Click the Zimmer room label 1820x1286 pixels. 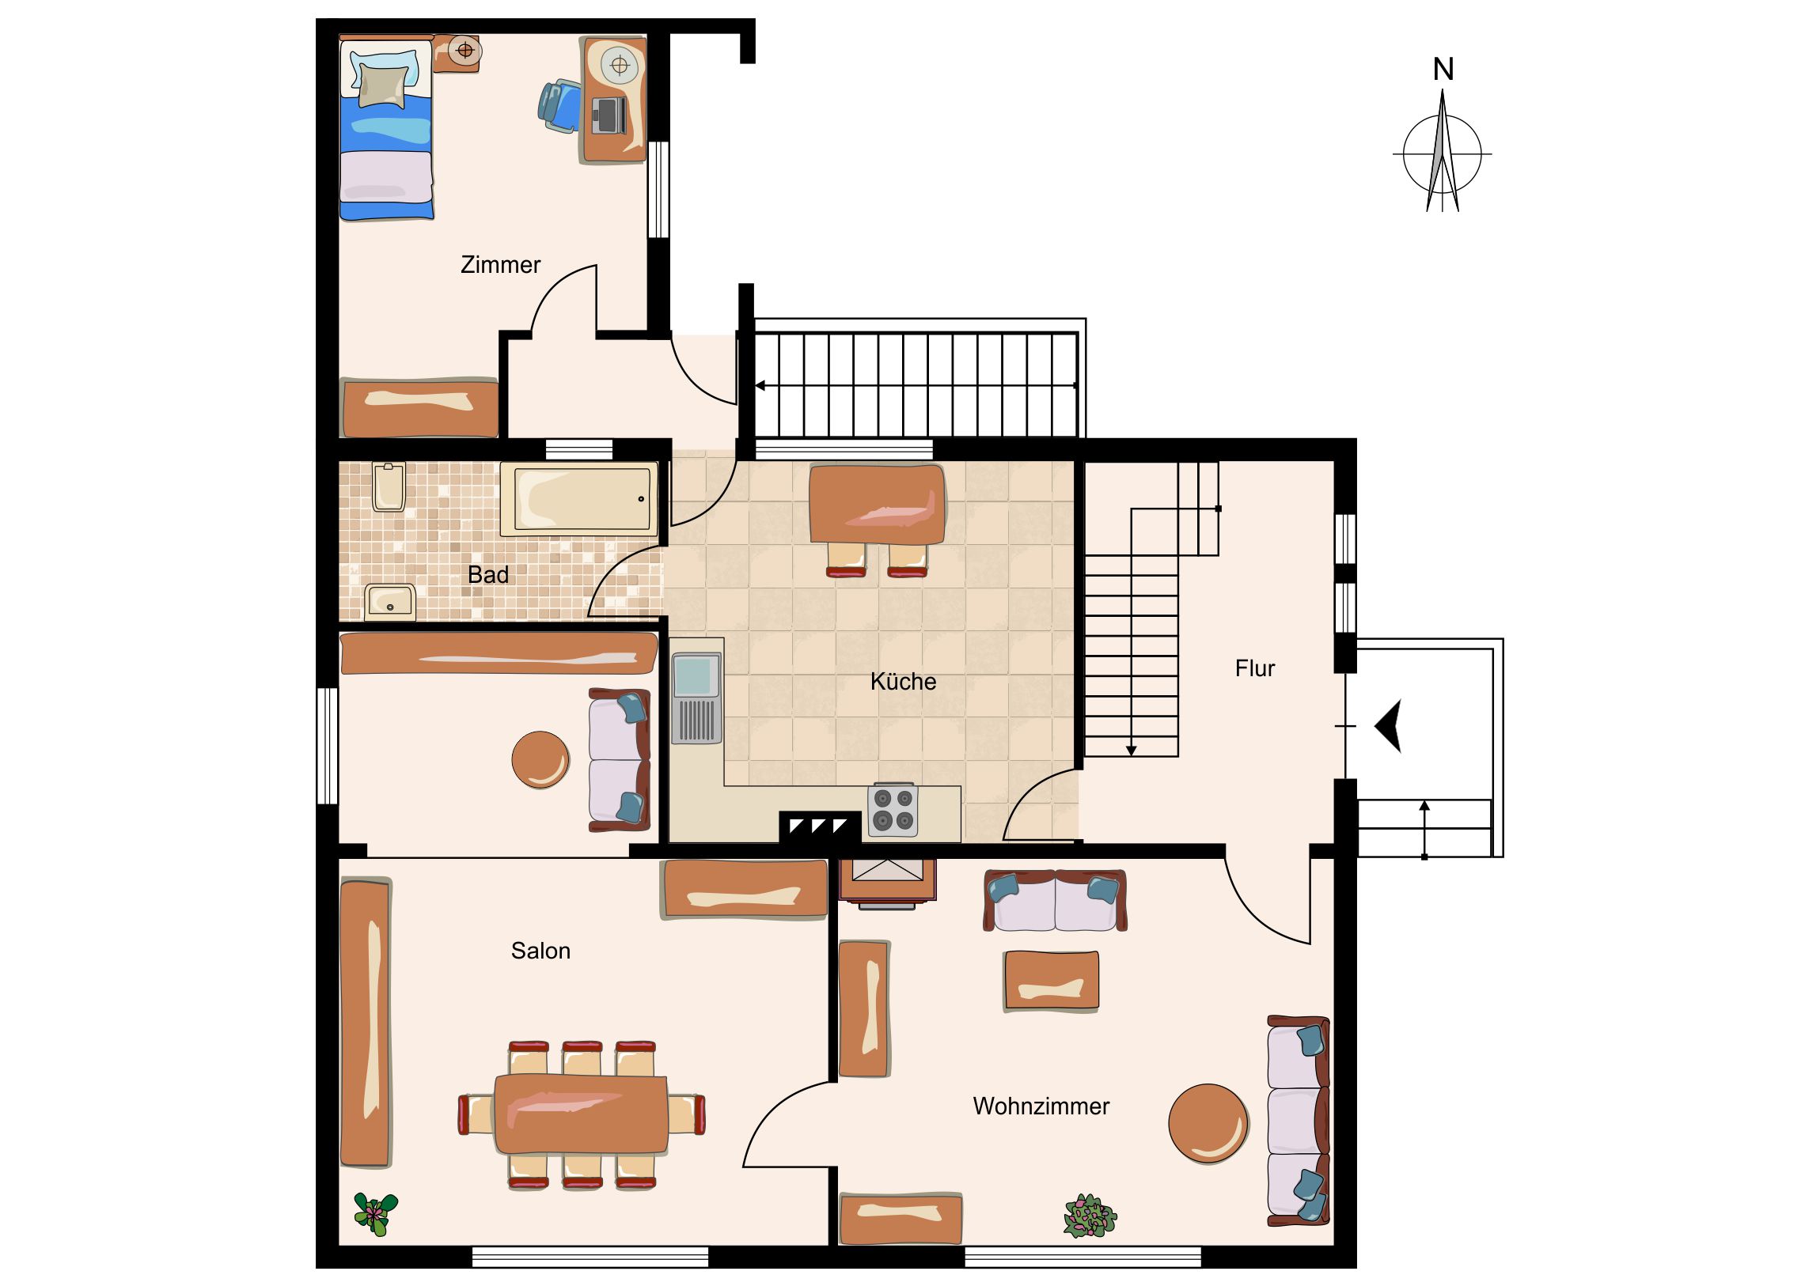tap(500, 265)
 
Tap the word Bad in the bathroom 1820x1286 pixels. tap(488, 574)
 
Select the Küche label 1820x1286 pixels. tap(903, 682)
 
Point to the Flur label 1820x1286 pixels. tap(1255, 668)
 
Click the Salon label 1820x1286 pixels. tap(540, 951)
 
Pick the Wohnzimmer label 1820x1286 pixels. tap(1041, 1106)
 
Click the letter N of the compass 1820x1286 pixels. tap(1443, 70)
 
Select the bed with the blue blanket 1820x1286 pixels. tap(386, 128)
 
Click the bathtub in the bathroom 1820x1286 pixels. tap(579, 498)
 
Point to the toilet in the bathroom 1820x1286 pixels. tap(389, 486)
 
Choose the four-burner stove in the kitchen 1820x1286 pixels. tap(893, 810)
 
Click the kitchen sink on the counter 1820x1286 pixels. tap(697, 698)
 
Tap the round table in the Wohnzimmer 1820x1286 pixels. tap(1209, 1124)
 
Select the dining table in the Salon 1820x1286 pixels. tap(581, 1114)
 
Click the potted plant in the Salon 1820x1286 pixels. tap(376, 1214)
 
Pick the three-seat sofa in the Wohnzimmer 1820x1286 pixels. tap(1298, 1121)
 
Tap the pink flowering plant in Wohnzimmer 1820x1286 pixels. tap(1090, 1216)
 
